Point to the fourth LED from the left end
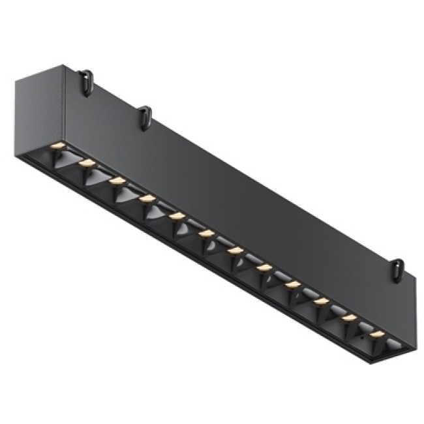[x=147, y=198]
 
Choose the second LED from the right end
[x=349, y=318]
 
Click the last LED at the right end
[x=377, y=335]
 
